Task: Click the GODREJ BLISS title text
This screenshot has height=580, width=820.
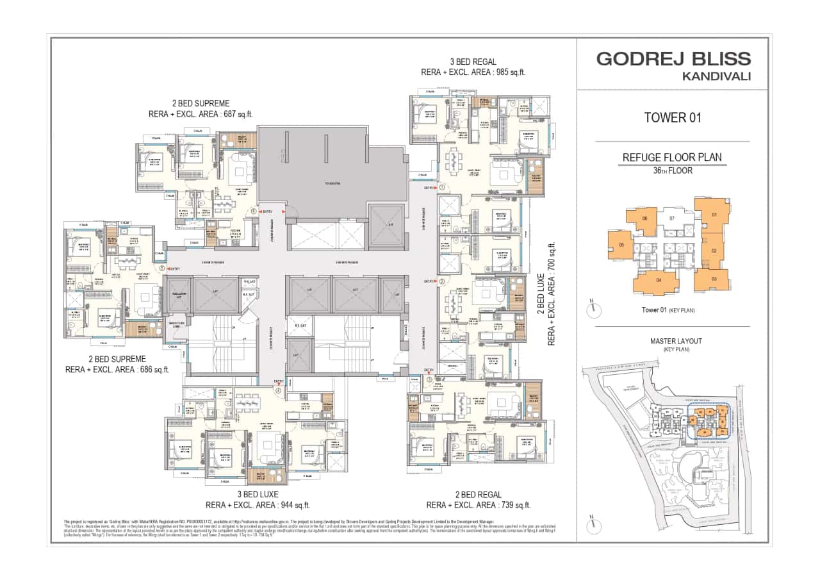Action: pyautogui.click(x=673, y=59)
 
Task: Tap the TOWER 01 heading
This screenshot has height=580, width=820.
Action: pyautogui.click(x=672, y=117)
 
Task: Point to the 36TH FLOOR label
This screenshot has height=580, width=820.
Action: pyautogui.click(x=672, y=170)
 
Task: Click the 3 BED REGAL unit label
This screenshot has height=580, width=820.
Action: pyautogui.click(x=473, y=62)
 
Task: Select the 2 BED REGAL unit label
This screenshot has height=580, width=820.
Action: pyautogui.click(x=478, y=494)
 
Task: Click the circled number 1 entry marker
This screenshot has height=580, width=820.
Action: pyautogui.click(x=442, y=188)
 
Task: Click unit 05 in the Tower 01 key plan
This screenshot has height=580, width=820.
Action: pyautogui.click(x=621, y=245)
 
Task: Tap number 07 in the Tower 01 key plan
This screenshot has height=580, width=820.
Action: pyautogui.click(x=672, y=219)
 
